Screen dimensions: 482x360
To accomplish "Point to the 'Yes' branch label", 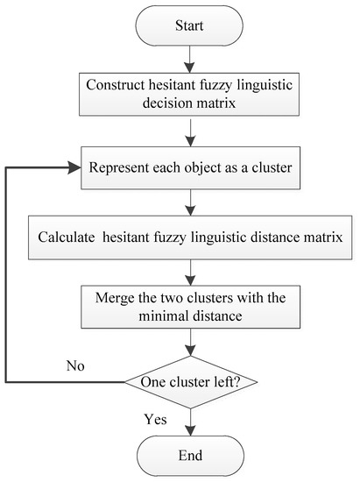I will pyautogui.click(x=156, y=420).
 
